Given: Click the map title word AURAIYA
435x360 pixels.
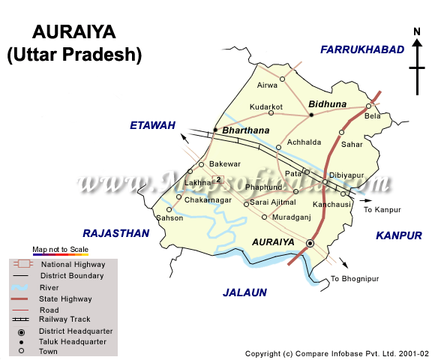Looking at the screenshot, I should [73, 32].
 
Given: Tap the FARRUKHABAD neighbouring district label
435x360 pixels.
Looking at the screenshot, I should [362, 49].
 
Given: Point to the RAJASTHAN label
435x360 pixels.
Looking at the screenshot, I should [116, 233].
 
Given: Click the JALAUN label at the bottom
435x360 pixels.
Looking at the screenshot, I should [245, 292].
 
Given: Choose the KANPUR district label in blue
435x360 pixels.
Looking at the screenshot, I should [399, 235].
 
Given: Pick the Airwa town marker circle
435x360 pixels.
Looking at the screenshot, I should [283, 79].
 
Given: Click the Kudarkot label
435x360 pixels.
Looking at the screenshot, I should [266, 107].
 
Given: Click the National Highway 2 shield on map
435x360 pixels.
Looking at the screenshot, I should [218, 179].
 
